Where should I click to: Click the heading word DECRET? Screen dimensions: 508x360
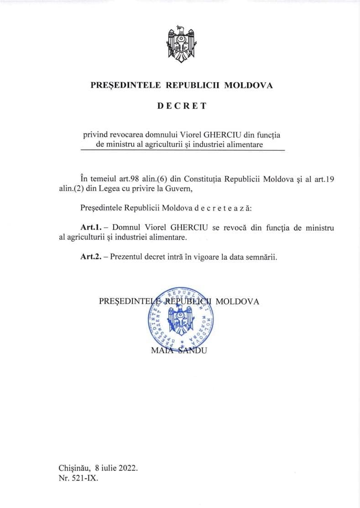point(182,106)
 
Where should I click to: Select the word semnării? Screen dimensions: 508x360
point(262,257)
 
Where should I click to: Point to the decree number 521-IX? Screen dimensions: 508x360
point(85,478)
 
